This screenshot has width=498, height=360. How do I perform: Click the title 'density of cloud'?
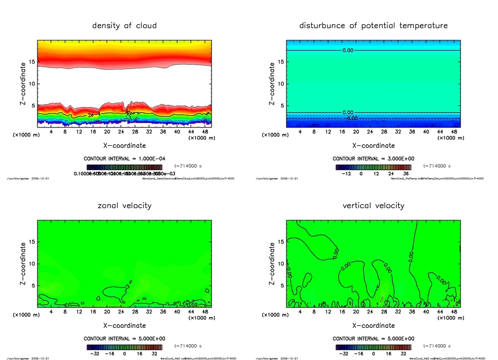point(124,25)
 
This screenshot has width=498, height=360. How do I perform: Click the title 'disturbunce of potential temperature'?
point(373,25)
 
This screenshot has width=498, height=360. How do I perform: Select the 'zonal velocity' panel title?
point(124,205)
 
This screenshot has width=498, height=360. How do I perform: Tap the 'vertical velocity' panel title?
point(373,205)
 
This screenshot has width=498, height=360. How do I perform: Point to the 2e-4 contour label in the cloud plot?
point(94,115)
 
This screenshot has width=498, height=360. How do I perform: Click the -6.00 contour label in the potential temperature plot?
point(351,118)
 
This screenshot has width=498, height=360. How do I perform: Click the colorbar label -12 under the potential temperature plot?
point(347,173)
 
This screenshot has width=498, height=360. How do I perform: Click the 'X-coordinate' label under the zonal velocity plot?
point(124,325)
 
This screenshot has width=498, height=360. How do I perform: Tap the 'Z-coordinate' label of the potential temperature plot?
point(271,84)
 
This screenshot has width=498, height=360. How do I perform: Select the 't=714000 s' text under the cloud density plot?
point(188,166)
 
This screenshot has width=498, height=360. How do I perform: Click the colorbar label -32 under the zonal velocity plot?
point(97,353)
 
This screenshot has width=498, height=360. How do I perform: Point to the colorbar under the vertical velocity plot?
point(373,347)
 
